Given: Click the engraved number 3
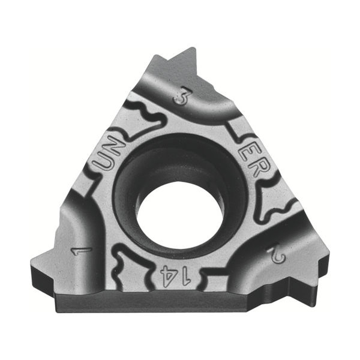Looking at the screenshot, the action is tap(182, 96).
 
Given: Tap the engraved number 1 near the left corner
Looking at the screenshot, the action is tap(82, 251).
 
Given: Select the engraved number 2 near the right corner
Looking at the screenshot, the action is tap(277, 256).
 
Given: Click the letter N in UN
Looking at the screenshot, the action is tap(115, 146).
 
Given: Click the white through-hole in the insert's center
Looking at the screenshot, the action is tap(179, 216).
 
